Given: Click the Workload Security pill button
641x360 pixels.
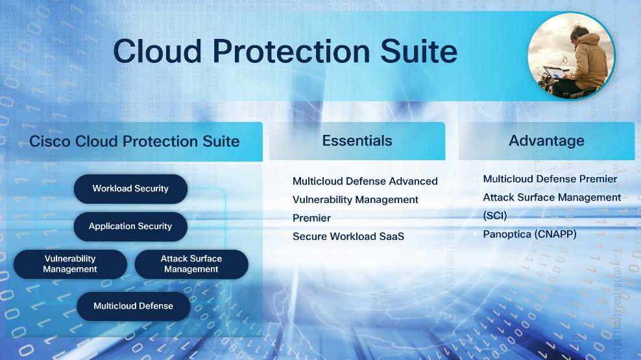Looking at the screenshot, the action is point(130,189).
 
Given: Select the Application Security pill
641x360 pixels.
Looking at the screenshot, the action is point(130,226).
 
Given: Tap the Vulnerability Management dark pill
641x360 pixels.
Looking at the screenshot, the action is point(70,264).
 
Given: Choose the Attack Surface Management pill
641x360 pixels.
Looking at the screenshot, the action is point(191,264).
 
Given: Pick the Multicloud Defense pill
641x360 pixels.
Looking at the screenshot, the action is point(133,306).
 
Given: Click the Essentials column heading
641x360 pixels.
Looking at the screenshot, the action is point(357,141).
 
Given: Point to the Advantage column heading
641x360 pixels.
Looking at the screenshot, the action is point(546,141).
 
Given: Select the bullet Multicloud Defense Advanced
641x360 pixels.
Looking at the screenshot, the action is point(365,181).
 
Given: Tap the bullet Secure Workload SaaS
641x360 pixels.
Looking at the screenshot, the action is point(348,236).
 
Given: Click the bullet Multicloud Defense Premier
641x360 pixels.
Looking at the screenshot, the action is point(550,179).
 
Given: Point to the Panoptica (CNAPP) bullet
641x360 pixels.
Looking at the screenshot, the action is point(530,234).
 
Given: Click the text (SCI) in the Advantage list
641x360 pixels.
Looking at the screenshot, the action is point(494,216).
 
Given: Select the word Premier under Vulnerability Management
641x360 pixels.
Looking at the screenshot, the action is point(311,218).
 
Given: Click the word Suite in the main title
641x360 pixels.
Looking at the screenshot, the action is point(418,51).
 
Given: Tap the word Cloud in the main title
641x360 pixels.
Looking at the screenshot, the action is point(158,51).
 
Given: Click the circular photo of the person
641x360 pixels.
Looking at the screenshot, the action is point(571,56).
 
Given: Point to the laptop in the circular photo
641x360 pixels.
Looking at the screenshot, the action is point(555,73).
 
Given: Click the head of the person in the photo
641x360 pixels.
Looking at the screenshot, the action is point(580,32).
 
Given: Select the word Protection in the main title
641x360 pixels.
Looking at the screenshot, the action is point(291,51).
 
